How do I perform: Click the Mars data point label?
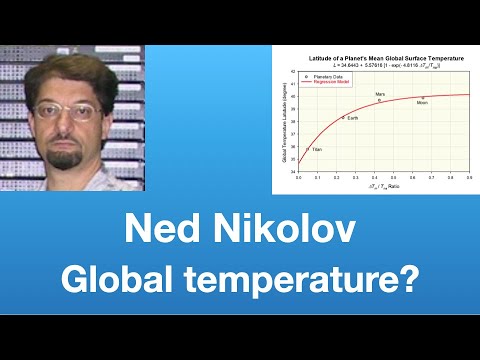[379, 94]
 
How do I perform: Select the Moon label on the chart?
[422, 102]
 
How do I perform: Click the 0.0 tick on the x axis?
[298, 176]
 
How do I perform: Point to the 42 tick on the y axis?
[291, 73]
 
